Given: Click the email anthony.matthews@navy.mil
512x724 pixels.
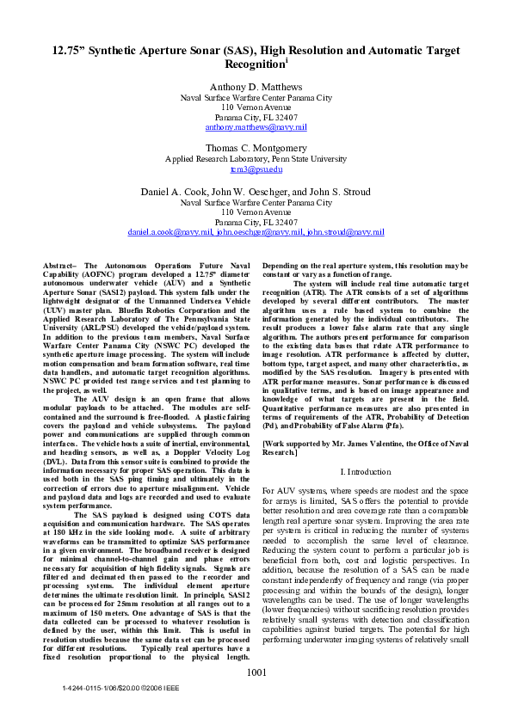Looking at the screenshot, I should [256, 127].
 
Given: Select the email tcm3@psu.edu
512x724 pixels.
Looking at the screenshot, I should [256, 169].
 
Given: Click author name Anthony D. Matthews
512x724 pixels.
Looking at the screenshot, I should [256, 87].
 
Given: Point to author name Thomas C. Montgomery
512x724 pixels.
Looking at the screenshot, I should [256, 148].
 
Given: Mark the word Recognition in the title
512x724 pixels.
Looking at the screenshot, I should [253, 64].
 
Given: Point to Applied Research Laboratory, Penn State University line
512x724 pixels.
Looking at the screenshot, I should [256, 159].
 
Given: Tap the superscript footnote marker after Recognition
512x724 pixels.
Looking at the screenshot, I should [286, 60].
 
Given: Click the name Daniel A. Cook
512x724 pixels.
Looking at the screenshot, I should [172, 191].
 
